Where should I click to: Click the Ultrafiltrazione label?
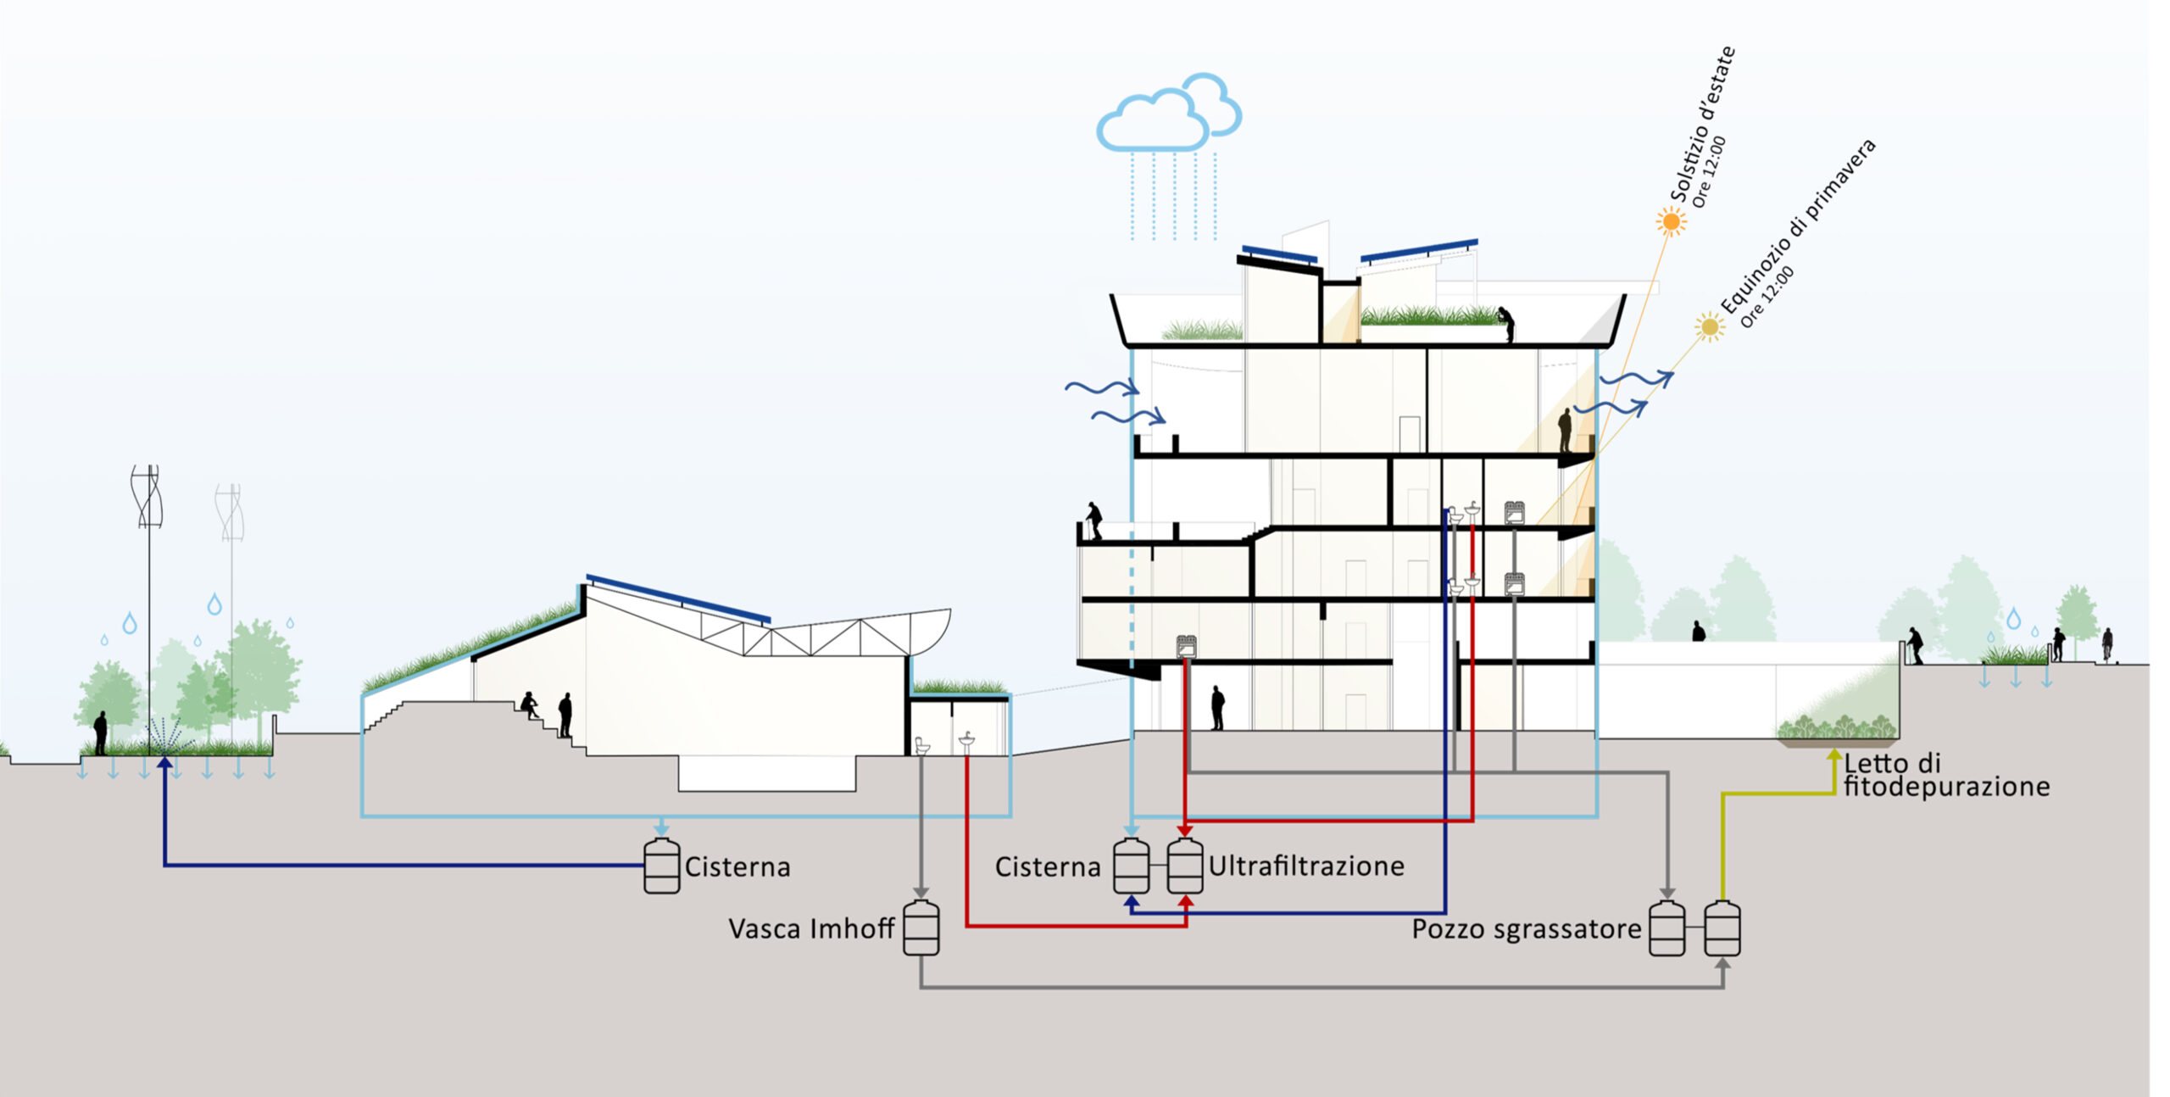click(1305, 866)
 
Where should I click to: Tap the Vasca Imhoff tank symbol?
click(921, 927)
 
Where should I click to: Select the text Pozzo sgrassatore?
click(1526, 929)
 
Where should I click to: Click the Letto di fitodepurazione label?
click(1945, 775)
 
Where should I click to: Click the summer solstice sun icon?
click(1672, 222)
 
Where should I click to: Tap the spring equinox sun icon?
click(1710, 326)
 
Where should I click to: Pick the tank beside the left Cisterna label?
click(661, 866)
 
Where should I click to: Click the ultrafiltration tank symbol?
click(1185, 866)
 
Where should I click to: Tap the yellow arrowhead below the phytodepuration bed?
click(1833, 755)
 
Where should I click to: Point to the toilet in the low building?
click(922, 745)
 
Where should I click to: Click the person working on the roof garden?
click(1505, 323)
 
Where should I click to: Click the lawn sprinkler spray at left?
click(166, 733)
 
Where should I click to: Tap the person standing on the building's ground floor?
click(1217, 707)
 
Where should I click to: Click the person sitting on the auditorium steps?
click(530, 705)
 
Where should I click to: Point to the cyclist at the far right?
click(2107, 644)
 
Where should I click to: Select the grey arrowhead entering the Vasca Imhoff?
click(921, 894)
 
